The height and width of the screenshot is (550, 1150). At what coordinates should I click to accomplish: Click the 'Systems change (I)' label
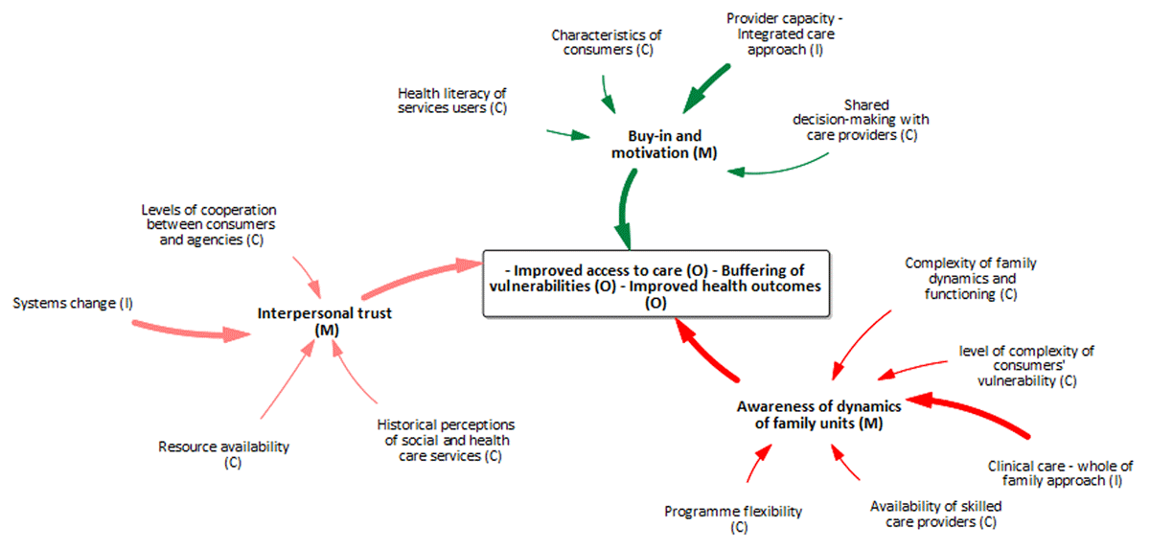(74, 304)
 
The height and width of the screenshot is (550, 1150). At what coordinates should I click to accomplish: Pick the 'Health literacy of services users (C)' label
(451, 101)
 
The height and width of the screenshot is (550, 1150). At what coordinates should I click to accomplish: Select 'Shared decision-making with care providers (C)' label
(860, 120)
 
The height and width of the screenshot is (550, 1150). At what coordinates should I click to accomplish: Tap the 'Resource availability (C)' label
(224, 454)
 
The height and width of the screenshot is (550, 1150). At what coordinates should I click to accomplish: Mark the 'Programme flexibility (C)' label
(733, 518)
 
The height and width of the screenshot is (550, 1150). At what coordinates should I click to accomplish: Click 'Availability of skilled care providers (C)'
(932, 515)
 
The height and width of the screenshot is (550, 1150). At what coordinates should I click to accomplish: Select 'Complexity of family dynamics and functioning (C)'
(971, 279)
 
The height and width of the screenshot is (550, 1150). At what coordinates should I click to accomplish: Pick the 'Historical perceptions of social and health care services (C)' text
(447, 440)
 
